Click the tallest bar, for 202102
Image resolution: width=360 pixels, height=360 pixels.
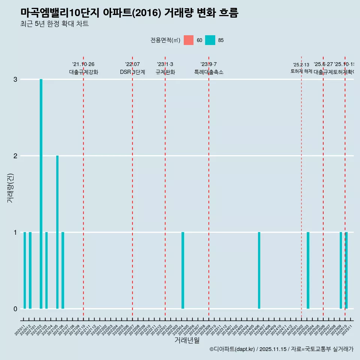pos(41,194)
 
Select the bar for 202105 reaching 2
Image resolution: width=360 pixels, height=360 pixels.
pos(57,232)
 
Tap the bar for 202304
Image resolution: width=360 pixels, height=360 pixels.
pos(183,270)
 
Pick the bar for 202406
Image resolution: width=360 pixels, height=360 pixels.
pos(259,270)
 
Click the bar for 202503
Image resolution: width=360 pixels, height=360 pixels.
pos(308,270)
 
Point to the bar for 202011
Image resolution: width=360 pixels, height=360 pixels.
pos(25,270)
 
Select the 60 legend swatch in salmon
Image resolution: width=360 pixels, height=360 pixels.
pos(189,40)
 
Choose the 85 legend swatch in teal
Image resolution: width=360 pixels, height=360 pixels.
pos(210,40)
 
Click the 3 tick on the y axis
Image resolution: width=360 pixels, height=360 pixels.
pos(15,79)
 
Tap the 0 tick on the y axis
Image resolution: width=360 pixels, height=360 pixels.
pos(15,309)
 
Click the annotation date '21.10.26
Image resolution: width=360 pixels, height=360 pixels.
pos(83,64)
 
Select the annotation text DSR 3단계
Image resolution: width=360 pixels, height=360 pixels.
pos(132,72)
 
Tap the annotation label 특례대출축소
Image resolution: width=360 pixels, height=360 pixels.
pos(208,72)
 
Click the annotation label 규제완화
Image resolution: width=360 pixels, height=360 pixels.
pos(165,72)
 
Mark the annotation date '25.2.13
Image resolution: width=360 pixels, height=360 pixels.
pos(301,65)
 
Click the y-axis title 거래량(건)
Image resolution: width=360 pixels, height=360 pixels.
pos(10,187)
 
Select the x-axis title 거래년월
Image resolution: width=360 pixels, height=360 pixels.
pos(187,340)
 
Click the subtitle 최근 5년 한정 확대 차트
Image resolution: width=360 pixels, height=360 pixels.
pos(54,24)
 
